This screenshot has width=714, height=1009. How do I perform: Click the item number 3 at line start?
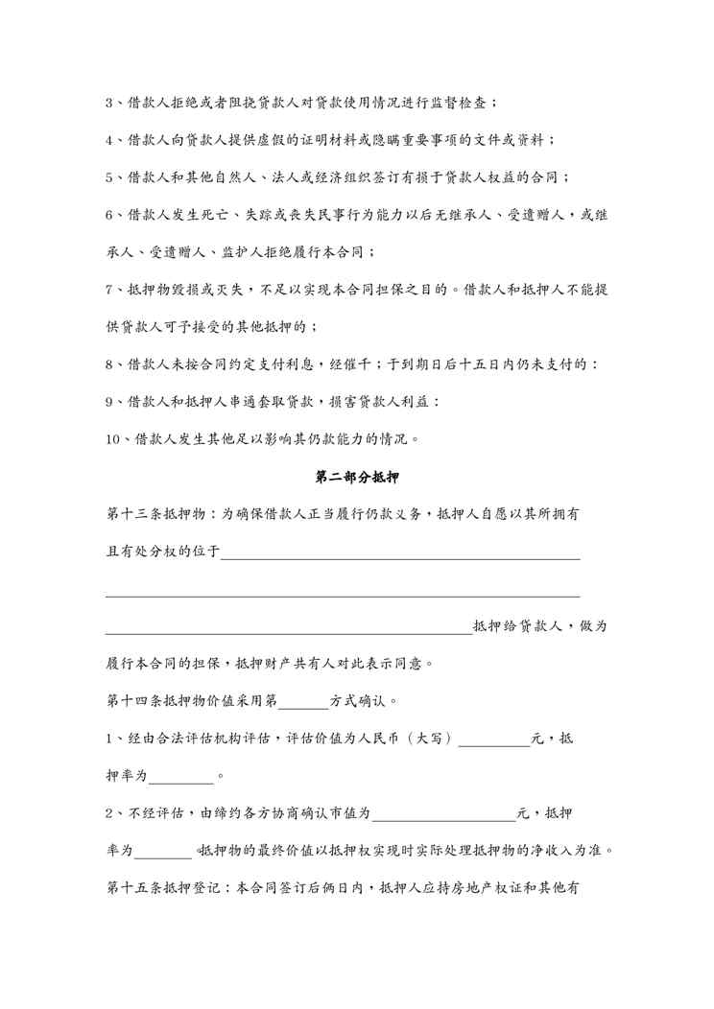(109, 103)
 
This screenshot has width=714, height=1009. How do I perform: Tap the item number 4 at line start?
(109, 140)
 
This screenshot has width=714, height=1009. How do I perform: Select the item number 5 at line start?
(109, 177)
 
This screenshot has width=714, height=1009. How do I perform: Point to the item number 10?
(113, 440)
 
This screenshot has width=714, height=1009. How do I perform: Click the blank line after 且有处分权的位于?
(400, 553)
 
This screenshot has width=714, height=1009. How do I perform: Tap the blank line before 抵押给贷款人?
(288, 628)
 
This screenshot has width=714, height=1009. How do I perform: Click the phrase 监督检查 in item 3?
(489, 103)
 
